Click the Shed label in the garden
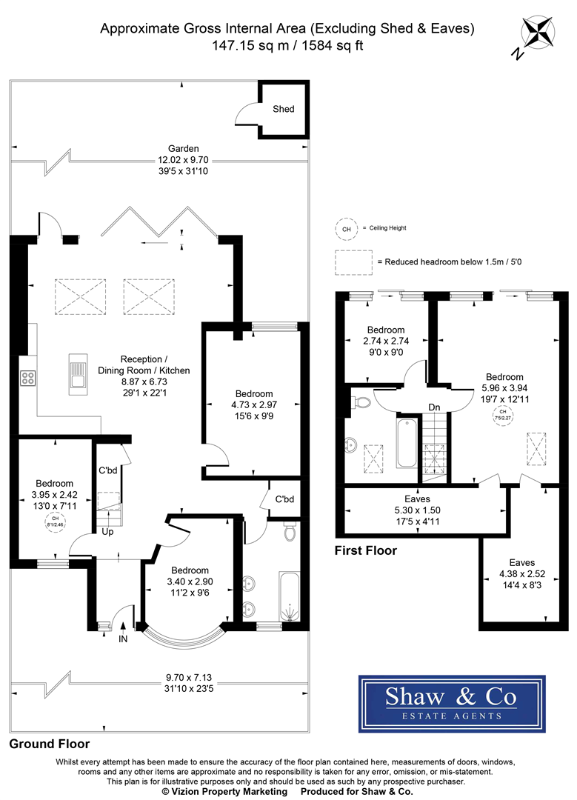coord(283,109)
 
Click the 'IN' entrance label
coord(123,639)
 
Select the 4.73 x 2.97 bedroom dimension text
coord(254,405)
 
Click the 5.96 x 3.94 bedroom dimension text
coord(504,389)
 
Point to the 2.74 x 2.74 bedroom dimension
coord(385,341)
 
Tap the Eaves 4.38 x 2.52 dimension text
coord(518,574)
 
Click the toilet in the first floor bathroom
coord(361,402)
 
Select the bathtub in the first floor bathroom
coord(405,444)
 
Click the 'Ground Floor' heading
coord(50,744)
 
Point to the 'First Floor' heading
coord(366,550)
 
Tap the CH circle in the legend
coord(345,229)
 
